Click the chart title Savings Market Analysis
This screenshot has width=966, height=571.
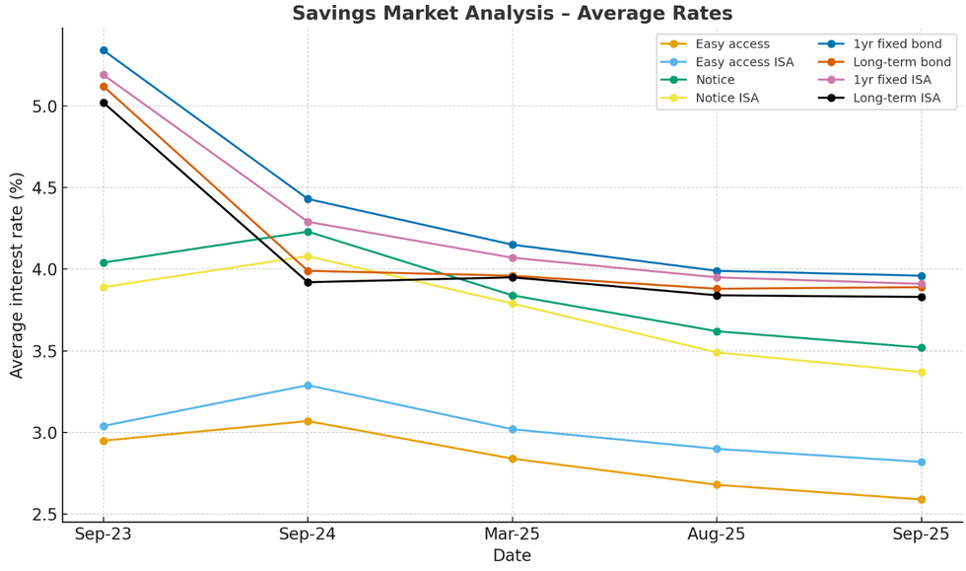coord(512,14)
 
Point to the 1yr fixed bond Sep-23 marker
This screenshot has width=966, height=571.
coord(103,50)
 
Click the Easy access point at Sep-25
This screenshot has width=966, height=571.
coord(921,499)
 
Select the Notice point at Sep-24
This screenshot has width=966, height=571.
coord(308,232)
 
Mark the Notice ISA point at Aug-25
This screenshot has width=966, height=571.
coord(717,352)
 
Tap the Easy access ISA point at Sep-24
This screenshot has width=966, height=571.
coord(308,386)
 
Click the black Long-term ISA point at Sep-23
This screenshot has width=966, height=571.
coord(103,103)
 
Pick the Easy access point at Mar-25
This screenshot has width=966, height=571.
coord(513,459)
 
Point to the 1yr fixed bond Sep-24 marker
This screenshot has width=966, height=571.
coord(308,199)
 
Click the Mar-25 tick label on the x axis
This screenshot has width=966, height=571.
coord(512,535)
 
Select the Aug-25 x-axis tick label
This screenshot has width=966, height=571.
coord(716,535)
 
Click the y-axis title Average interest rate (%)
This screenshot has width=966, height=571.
coord(17,274)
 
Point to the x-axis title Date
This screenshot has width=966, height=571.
coord(512,556)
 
